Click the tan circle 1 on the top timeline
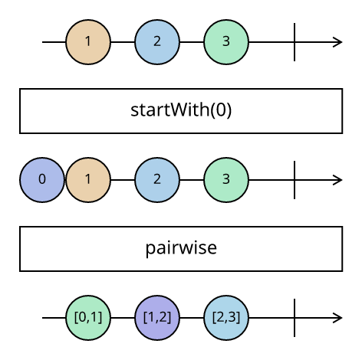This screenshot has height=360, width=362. point(88,42)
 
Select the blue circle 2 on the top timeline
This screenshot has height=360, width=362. point(157,42)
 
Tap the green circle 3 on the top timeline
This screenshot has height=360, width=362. point(226,42)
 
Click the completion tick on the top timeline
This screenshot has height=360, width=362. point(295,42)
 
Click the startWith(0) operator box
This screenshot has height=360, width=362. point(181,111)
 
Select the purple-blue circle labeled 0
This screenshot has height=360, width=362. point(42,180)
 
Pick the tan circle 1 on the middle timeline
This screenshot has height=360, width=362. point(88,180)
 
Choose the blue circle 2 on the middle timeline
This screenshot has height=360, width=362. point(157,180)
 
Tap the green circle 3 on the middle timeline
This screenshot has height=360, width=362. point(226,180)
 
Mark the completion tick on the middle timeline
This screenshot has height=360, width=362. point(295,180)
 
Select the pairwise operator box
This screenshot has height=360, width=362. point(181,249)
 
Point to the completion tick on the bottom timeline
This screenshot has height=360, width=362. point(295,318)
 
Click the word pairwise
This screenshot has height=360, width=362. point(181,248)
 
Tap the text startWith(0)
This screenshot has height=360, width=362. point(181,110)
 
